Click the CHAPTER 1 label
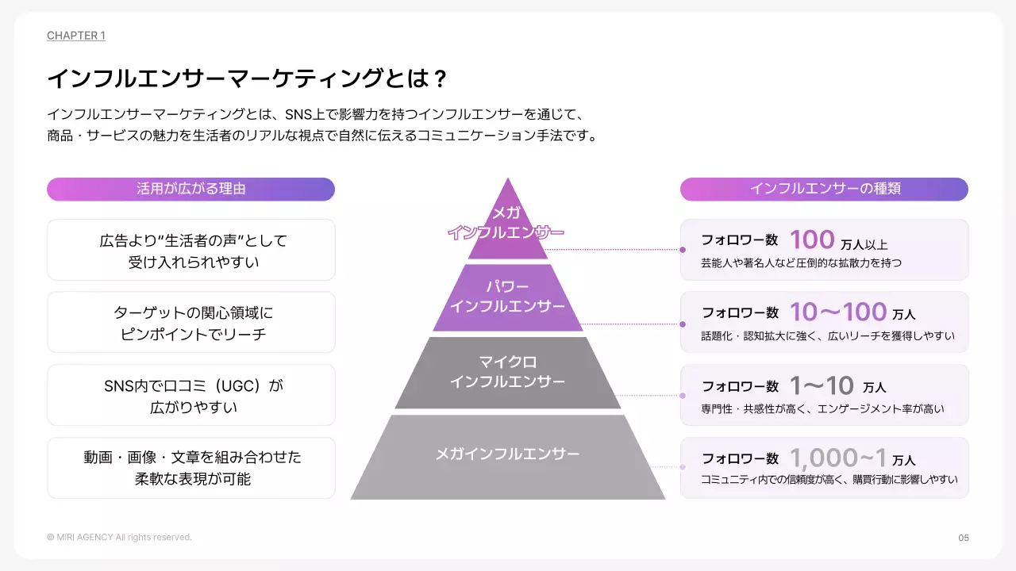[76, 36]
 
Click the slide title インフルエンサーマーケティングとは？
[248, 79]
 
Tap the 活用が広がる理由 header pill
[190, 189]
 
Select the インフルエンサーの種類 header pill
[824, 189]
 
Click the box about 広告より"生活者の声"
[191, 250]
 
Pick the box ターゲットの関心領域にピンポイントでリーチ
[191, 323]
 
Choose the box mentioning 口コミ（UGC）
[191, 396]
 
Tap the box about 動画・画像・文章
[191, 468]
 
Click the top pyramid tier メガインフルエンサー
[507, 226]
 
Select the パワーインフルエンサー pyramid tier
[507, 297]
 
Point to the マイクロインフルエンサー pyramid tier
[507, 373]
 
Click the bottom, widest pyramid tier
[507, 456]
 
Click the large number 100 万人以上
[812, 240]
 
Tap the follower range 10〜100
[838, 312]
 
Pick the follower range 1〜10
[822, 385]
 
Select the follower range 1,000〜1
[838, 458]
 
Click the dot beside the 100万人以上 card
[683, 250]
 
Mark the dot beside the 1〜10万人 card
[683, 395]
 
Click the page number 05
[964, 538]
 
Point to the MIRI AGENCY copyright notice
[119, 538]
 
